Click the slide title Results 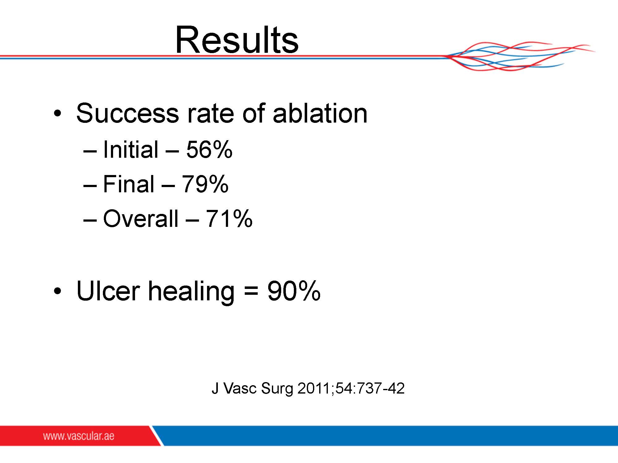237,40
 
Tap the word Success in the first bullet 127,113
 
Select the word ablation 320,113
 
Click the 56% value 209,150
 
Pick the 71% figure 229,219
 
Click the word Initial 131,150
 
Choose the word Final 129,184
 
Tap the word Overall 141,219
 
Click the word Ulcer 108,291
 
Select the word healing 192,292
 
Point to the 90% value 294,291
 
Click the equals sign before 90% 251,291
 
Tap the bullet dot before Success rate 57,113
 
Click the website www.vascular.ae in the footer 79,436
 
